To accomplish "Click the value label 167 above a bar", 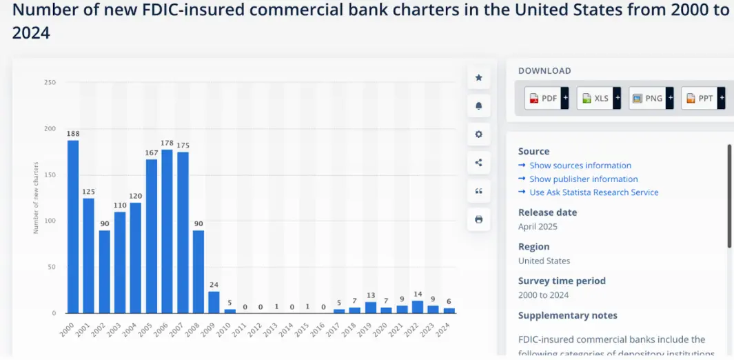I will click(152, 153).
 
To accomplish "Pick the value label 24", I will click(214, 285).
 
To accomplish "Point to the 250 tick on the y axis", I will click(50, 83).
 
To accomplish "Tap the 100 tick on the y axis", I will click(50, 221).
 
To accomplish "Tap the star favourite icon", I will click(479, 77).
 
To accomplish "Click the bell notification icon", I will click(479, 106).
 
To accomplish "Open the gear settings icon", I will click(479, 134).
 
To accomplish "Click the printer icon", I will click(479, 219).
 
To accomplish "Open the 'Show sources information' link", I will click(580, 166).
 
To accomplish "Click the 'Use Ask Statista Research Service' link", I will click(593, 192).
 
